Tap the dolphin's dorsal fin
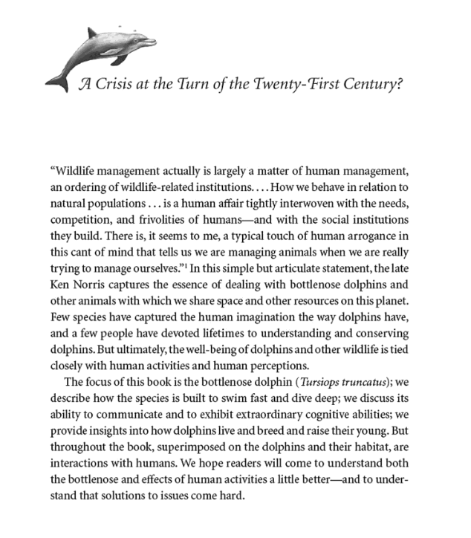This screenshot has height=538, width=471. pyautogui.click(x=93, y=33)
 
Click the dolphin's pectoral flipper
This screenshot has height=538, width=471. pyautogui.click(x=119, y=59)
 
